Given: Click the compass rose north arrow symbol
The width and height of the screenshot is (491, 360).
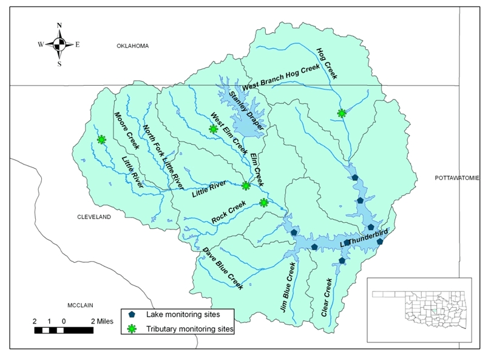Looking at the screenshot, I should click(x=59, y=44).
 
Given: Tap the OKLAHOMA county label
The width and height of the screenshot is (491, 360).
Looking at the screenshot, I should click(x=133, y=46).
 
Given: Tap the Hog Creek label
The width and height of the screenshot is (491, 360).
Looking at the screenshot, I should click(x=327, y=63).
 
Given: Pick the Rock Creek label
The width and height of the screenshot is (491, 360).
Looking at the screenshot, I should click(x=229, y=211).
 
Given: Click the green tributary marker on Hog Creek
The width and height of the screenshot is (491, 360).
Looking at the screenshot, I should click(x=342, y=113).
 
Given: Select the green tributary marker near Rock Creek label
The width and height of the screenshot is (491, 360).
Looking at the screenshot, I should click(x=263, y=203).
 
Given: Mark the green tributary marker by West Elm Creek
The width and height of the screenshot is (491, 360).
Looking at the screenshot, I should click(x=213, y=129).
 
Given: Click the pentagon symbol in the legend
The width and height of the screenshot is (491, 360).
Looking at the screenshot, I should click(x=133, y=314).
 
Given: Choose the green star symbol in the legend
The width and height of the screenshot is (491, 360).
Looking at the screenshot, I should click(x=133, y=329).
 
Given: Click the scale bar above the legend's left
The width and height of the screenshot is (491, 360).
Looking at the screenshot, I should click(x=59, y=330).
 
